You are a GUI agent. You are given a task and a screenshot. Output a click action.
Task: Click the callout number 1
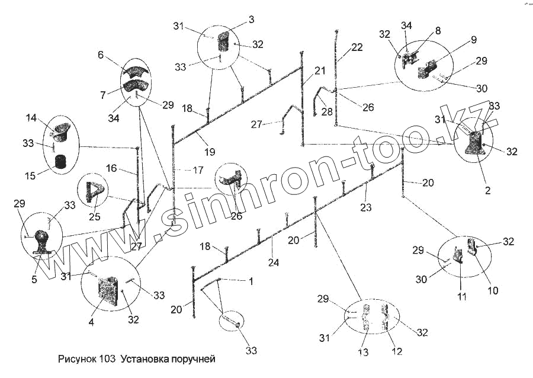click(x=251, y=281)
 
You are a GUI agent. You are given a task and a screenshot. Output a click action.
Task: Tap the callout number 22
click(x=357, y=48)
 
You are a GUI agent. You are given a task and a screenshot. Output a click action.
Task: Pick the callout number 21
click(x=320, y=71)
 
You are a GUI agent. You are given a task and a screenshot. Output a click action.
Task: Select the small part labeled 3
click(x=224, y=43)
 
